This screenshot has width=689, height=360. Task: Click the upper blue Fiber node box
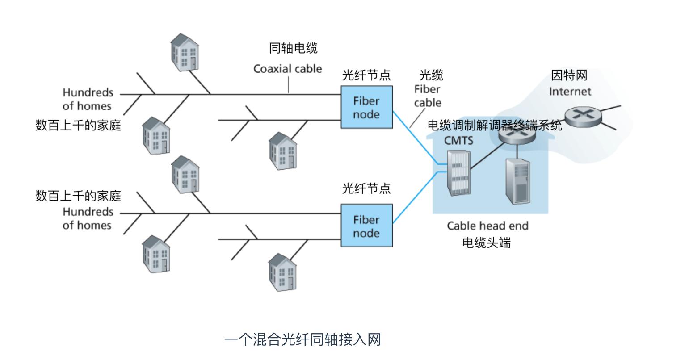[x=366, y=107]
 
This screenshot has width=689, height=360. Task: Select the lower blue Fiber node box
[x=366, y=226]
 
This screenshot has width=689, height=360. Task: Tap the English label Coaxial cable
[x=287, y=69]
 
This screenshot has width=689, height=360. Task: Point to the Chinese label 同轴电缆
[x=293, y=48]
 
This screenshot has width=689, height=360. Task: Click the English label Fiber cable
[x=427, y=96]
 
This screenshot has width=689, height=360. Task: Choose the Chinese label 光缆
[x=431, y=75]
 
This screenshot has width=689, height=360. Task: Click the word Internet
[x=570, y=92]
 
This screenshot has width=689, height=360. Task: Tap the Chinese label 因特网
[x=569, y=75]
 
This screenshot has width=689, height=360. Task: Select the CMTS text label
[x=458, y=141]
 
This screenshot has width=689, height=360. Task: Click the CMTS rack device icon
[x=459, y=173]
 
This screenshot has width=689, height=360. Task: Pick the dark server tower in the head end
[x=517, y=182]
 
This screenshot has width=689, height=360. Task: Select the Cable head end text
[x=487, y=226]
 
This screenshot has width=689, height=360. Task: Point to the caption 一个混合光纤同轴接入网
[x=302, y=340]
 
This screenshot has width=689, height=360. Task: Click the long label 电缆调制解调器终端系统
[x=495, y=126]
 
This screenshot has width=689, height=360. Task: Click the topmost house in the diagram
[x=185, y=52]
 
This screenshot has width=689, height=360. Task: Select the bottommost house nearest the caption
[x=282, y=272]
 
